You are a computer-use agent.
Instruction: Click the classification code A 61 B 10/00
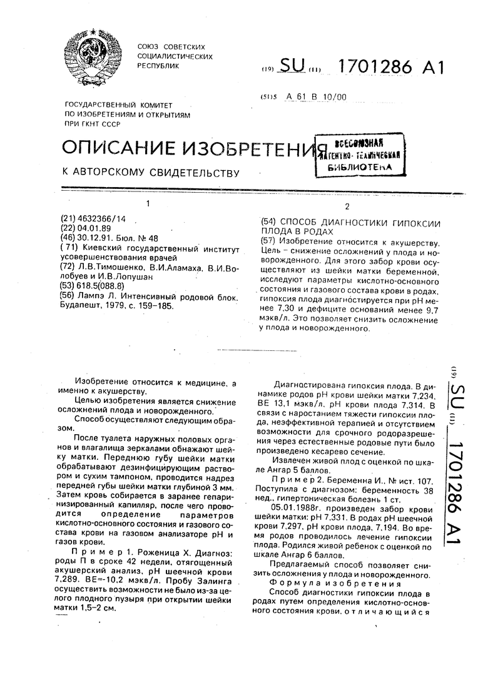pyautogui.click(x=315, y=97)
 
